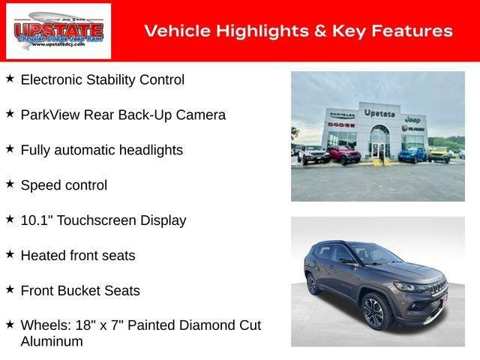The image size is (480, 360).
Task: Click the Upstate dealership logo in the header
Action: [58, 31]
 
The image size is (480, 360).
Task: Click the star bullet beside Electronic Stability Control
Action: [10, 78]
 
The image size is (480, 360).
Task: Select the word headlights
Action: [147, 150]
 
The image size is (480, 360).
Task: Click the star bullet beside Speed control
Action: [10, 184]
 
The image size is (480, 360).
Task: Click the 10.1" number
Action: [37, 220]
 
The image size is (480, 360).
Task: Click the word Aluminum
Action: [52, 341]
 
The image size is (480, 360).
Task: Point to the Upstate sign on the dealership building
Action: [379, 112]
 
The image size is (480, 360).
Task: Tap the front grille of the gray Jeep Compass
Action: [438, 288]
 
